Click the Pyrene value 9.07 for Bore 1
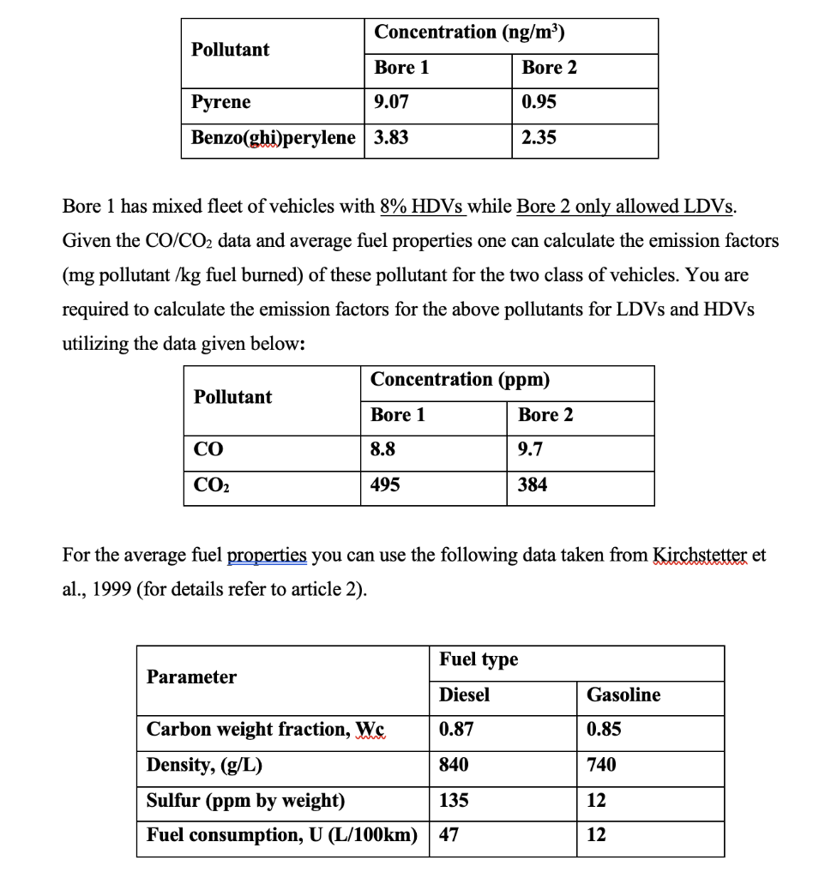(392, 103)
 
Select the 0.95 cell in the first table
(539, 103)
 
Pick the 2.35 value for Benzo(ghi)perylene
(539, 138)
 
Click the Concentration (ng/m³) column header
(470, 33)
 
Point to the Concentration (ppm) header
(461, 380)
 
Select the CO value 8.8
(383, 450)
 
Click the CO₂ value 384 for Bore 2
(533, 485)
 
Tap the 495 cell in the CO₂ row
(385, 485)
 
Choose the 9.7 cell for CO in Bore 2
(530, 450)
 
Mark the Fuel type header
(479, 659)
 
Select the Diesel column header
(464, 695)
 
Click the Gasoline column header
(623, 695)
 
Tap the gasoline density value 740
(601, 765)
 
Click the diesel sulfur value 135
(454, 801)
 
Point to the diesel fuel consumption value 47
(449, 835)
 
